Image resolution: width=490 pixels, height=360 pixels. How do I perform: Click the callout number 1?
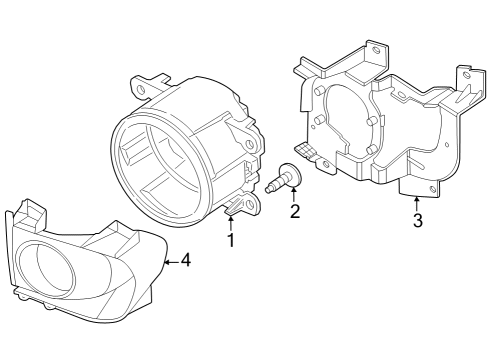[231, 240]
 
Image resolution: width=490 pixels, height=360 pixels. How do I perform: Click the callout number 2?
[295, 211]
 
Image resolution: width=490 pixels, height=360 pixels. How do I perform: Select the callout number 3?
[417, 220]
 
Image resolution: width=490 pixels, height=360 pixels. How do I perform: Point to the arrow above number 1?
[231, 217]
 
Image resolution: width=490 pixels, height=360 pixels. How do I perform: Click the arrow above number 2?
[294, 189]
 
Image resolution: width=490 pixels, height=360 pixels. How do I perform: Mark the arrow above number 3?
[416, 199]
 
